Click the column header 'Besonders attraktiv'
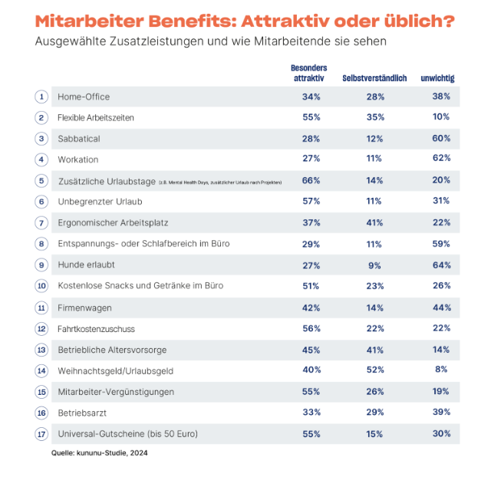click(310, 74)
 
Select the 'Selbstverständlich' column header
click(374, 78)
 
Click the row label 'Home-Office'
click(84, 97)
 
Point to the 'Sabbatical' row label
click(79, 139)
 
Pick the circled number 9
click(41, 265)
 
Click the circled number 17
click(41, 433)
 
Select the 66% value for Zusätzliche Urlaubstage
click(311, 181)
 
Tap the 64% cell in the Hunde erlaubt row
click(440, 265)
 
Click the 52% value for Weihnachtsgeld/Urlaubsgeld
click(374, 370)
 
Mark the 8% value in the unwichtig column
click(440, 370)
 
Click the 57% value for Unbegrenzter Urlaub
click(311, 202)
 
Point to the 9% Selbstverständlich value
click(374, 265)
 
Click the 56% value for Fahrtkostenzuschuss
click(311, 328)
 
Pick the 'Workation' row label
click(78, 160)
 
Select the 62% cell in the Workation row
click(440, 160)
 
